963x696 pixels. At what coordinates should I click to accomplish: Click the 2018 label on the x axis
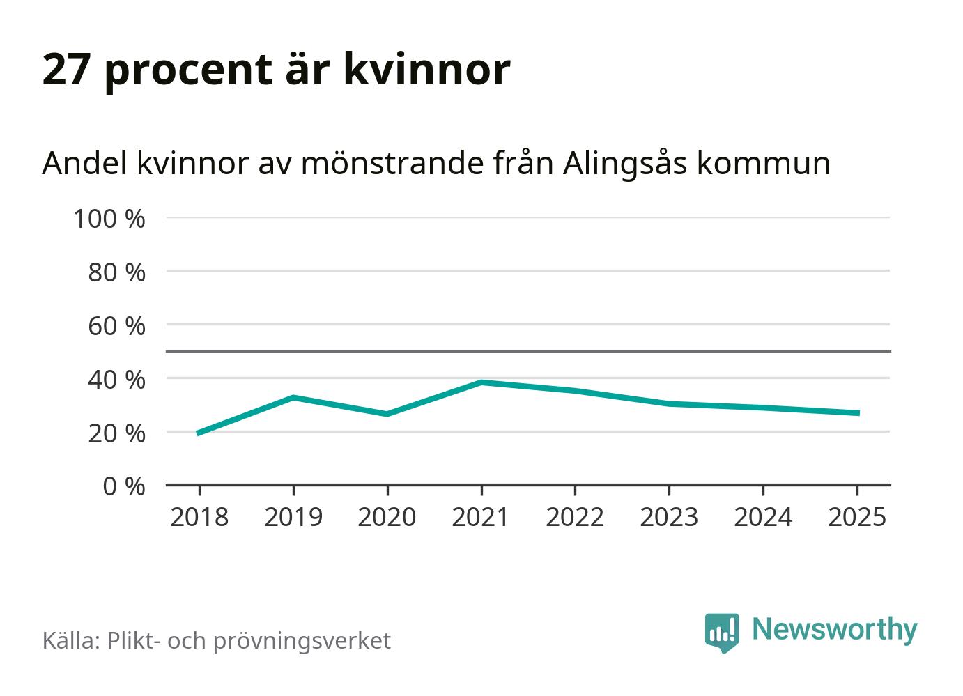point(199,517)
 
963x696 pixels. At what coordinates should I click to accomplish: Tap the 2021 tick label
point(481,517)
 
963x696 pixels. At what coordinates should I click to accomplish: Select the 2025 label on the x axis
point(857,517)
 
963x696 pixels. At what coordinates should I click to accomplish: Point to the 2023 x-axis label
point(669,517)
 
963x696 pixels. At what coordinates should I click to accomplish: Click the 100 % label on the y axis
point(109,219)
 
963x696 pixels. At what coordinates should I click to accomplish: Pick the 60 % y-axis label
point(116,326)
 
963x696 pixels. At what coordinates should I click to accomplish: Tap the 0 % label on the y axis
point(124,486)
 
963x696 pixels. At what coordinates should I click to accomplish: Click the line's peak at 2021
point(481,382)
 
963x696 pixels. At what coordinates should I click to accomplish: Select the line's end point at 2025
point(857,413)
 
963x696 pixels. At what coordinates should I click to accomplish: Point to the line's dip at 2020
point(387,414)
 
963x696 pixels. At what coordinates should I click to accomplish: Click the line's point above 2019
point(293,398)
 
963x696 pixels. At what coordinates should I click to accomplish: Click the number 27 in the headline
point(67,69)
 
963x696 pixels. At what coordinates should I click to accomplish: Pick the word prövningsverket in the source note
point(302,641)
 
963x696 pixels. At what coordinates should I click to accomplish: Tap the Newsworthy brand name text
point(834,629)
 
